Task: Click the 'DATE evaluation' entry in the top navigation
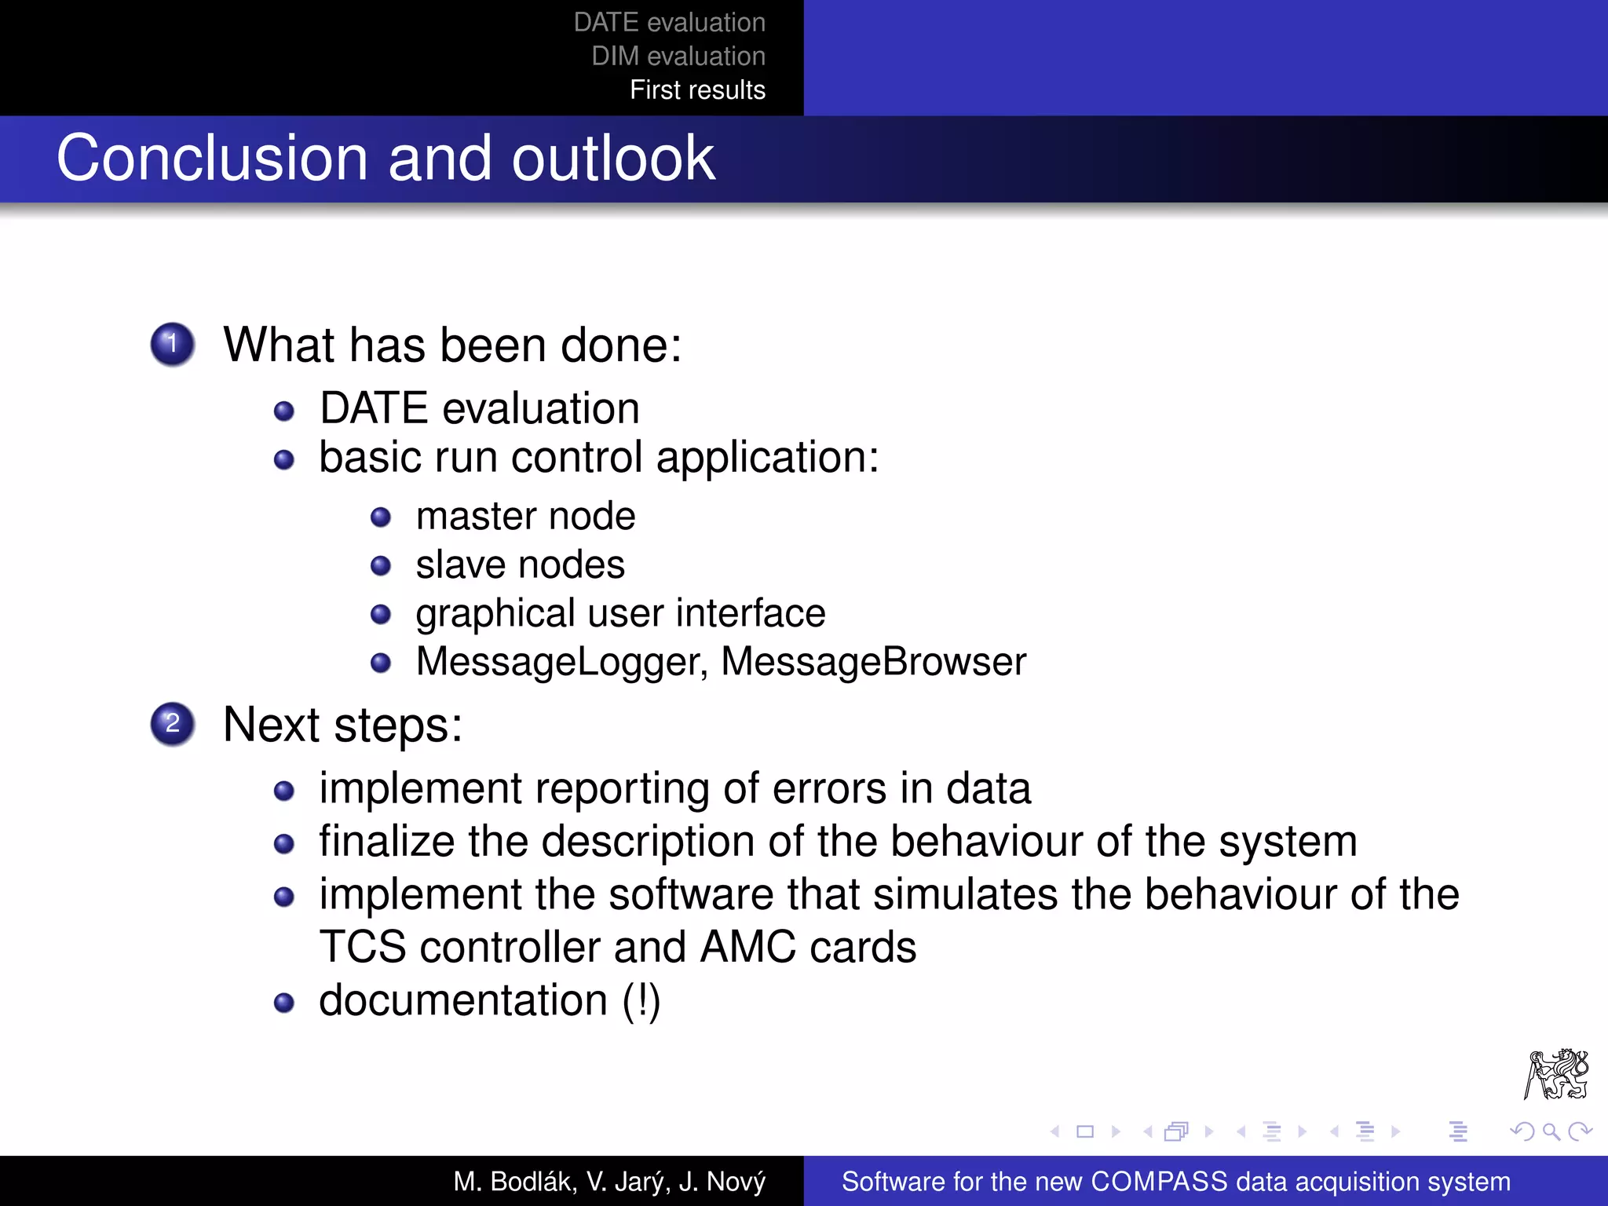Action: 669,22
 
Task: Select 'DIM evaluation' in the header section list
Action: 678,56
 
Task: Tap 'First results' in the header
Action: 697,90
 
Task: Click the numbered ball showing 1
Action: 173,344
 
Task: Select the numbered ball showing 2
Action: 173,723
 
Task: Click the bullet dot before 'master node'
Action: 381,517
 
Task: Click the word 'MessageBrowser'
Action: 873,661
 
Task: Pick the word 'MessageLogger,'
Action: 562,661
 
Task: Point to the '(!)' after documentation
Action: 641,1000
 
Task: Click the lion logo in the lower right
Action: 1556,1074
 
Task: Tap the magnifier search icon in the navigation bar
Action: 1551,1131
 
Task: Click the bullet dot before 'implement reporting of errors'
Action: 284,791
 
